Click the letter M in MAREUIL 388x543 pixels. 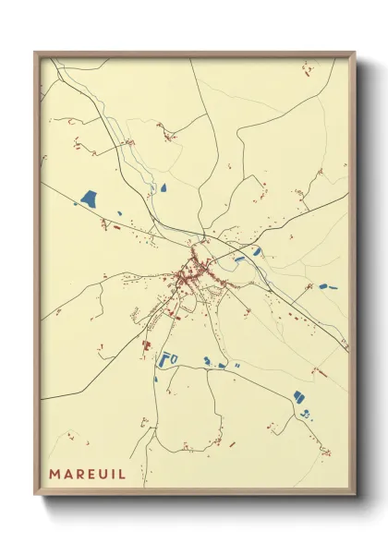click(x=56, y=474)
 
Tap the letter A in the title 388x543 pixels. click(x=71, y=474)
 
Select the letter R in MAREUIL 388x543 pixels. click(x=85, y=474)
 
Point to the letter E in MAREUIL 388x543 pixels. click(x=98, y=474)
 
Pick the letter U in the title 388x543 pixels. click(x=112, y=474)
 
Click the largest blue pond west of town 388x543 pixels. click(x=90, y=197)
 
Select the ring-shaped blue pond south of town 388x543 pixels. click(x=168, y=358)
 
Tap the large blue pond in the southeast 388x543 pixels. click(x=299, y=396)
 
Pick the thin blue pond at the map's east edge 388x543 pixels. click(x=330, y=286)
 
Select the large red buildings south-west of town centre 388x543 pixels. click(x=146, y=344)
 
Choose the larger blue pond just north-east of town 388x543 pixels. click(x=257, y=251)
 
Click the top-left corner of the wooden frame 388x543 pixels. click(x=35, y=53)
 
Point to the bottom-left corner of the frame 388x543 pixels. click(x=35, y=496)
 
